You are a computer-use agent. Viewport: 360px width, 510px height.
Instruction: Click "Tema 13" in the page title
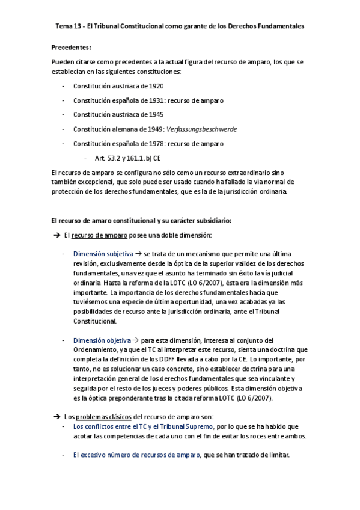(69, 26)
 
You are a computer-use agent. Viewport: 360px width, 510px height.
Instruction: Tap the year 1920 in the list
(155, 86)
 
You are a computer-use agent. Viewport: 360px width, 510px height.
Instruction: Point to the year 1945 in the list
(155, 114)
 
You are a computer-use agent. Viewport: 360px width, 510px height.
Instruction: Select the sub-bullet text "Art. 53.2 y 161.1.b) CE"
(127, 158)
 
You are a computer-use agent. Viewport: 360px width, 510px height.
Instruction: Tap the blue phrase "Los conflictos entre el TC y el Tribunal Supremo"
(143, 426)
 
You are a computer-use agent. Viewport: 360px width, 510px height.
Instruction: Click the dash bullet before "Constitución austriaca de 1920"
(63, 86)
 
